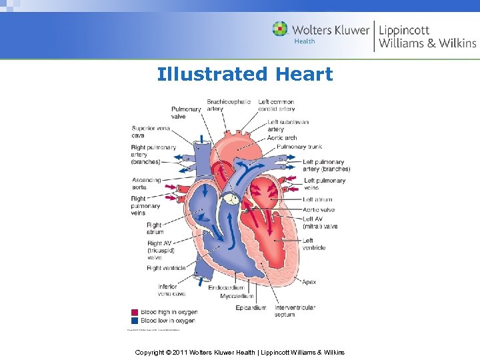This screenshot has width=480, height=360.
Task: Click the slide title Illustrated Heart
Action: point(245,74)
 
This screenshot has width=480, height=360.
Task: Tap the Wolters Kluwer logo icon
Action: point(281,29)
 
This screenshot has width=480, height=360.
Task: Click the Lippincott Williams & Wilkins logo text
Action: point(427,36)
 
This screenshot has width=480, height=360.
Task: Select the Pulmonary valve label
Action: point(186,113)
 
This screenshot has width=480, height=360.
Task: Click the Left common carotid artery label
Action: point(276,105)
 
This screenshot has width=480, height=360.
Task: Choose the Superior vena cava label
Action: point(151,131)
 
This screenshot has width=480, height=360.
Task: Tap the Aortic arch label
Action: point(282,138)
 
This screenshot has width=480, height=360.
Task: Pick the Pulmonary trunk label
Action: point(300,147)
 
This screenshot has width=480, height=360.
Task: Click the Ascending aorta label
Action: point(147,183)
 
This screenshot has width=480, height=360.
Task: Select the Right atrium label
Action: point(154,229)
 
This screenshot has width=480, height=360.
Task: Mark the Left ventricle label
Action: point(314,244)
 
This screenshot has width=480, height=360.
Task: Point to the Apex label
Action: point(309,282)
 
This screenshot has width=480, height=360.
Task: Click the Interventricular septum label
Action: point(295,311)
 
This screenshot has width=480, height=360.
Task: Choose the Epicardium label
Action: point(251,307)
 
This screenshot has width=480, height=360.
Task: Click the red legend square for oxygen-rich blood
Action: point(134,312)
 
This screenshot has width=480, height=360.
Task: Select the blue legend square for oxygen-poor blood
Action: point(134,320)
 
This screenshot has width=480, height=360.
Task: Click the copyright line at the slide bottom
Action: point(239,351)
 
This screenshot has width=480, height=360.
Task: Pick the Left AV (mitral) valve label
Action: point(320,223)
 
